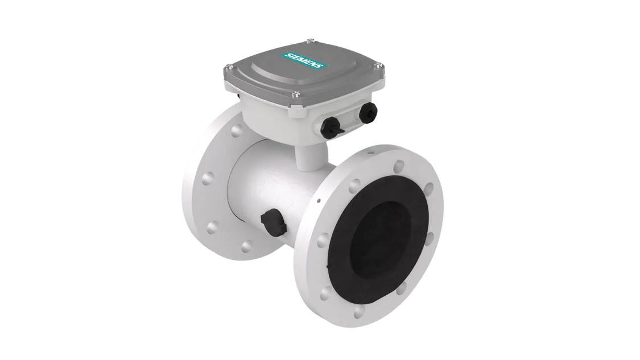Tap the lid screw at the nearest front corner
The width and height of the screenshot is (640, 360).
(296, 94)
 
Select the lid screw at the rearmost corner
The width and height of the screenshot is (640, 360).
(309, 40)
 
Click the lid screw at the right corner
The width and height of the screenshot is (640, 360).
(379, 64)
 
